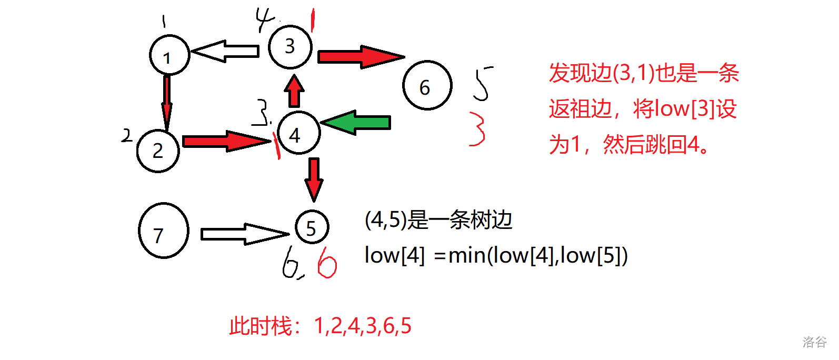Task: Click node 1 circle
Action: tap(169, 55)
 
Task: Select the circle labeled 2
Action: tap(158, 151)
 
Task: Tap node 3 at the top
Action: tap(290, 46)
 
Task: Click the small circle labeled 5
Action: tap(312, 227)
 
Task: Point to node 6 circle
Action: tap(427, 85)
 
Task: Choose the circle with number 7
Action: tap(163, 231)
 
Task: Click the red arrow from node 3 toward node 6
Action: tap(361, 57)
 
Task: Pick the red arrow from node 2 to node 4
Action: tap(226, 141)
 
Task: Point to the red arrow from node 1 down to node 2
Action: tap(167, 103)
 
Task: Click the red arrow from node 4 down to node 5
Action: tap(314, 179)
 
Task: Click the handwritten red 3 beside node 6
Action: tap(477, 128)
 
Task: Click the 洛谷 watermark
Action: tap(814, 342)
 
